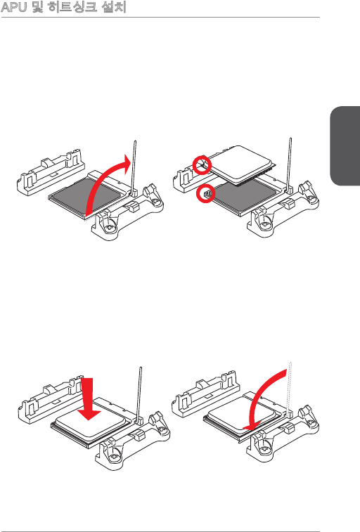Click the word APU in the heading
click(14, 7)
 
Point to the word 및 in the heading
click(37, 7)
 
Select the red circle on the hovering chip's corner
click(202, 157)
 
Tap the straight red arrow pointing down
click(89, 398)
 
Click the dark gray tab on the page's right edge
click(345, 146)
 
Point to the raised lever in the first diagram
click(135, 167)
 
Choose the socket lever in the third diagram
click(139, 394)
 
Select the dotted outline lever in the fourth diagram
click(290, 389)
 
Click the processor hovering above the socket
click(243, 165)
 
